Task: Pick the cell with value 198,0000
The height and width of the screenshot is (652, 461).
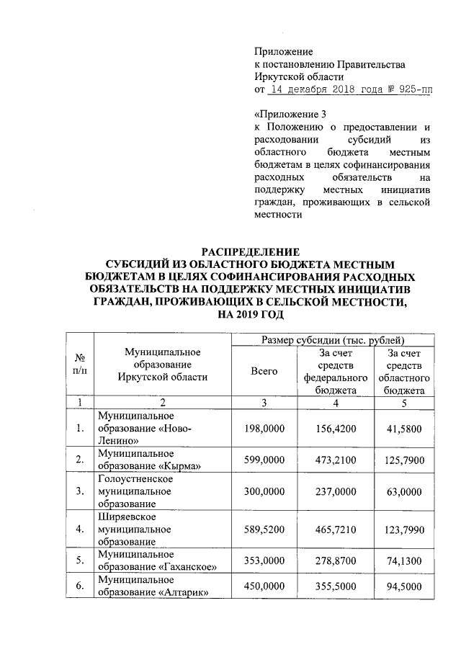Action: click(x=264, y=429)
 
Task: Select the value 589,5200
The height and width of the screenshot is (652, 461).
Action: click(x=264, y=530)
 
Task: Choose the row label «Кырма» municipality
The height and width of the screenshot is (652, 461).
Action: click(x=148, y=459)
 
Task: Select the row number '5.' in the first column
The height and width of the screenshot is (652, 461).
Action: click(x=80, y=561)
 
